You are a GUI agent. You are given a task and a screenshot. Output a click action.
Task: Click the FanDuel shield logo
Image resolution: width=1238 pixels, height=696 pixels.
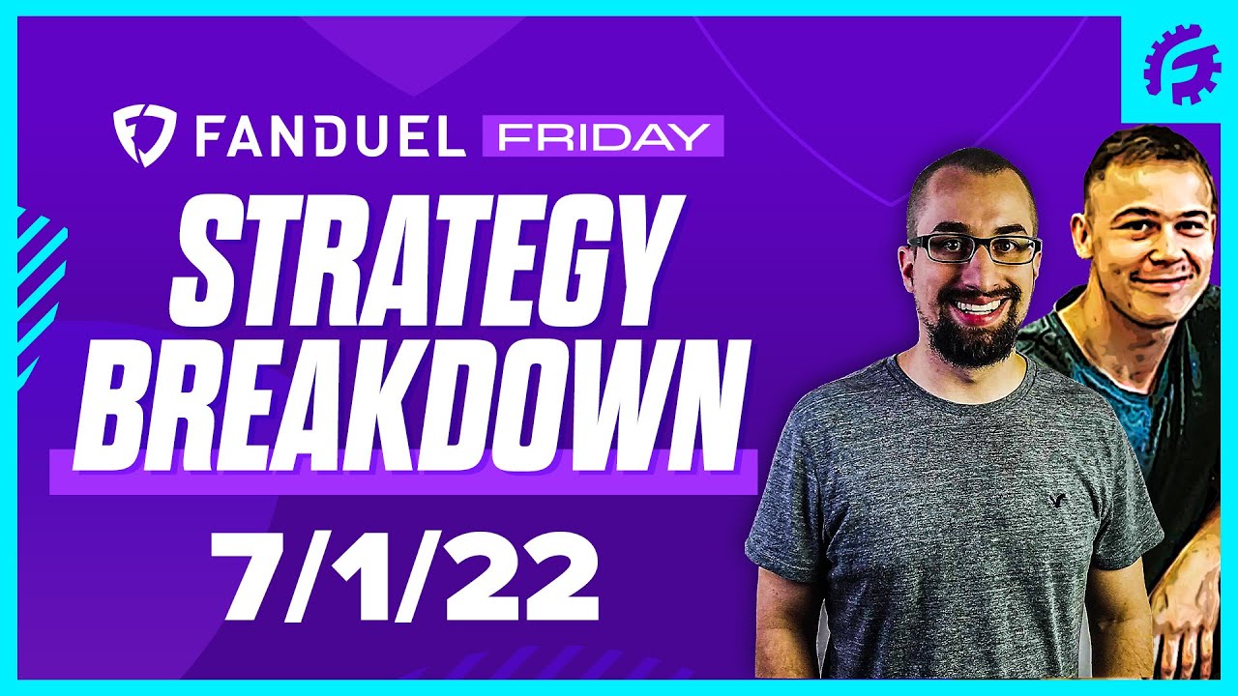(143, 136)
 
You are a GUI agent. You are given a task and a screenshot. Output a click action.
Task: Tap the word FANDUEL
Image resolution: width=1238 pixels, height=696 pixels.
(330, 136)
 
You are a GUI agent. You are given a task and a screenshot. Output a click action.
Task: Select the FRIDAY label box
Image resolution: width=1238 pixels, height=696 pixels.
(602, 136)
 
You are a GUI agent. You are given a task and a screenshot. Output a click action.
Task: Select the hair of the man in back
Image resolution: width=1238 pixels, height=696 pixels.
(1141, 155)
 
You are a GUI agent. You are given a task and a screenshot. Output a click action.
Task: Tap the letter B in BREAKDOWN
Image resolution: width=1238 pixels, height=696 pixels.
(126, 401)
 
